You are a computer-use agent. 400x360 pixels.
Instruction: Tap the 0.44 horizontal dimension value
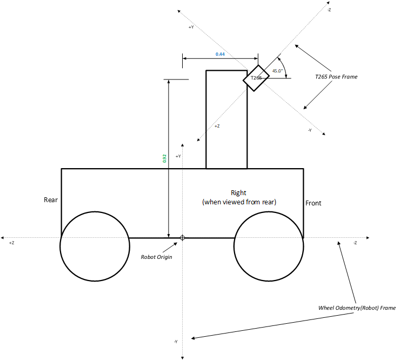tap(220, 54)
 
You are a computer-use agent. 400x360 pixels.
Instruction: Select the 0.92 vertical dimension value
tap(164, 158)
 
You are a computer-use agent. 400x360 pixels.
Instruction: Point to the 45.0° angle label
tap(278, 71)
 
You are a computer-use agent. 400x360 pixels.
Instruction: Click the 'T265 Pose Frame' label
tap(336, 77)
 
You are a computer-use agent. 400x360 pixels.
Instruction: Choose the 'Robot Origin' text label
tap(156, 257)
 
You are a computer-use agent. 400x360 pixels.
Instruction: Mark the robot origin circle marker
tap(182, 238)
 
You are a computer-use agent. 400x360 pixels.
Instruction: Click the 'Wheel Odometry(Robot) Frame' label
tap(357, 308)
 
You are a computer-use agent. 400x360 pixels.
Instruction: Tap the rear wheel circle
tap(95, 246)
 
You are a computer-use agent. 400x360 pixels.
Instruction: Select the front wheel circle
tap(268, 246)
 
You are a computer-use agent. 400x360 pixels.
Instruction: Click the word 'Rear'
tap(51, 200)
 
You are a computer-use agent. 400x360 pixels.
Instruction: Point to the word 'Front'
tap(314, 203)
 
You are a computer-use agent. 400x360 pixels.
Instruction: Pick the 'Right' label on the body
tap(238, 192)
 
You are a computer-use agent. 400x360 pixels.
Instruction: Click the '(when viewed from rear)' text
tap(239, 202)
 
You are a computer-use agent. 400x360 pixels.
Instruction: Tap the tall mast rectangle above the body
tap(226, 119)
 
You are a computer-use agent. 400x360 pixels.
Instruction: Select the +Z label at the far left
tap(11, 243)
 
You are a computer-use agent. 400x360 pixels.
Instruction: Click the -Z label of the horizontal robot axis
tap(355, 243)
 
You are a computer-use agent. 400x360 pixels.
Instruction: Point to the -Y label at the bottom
tap(176, 341)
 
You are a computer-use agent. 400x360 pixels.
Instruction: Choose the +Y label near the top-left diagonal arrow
tap(191, 27)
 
